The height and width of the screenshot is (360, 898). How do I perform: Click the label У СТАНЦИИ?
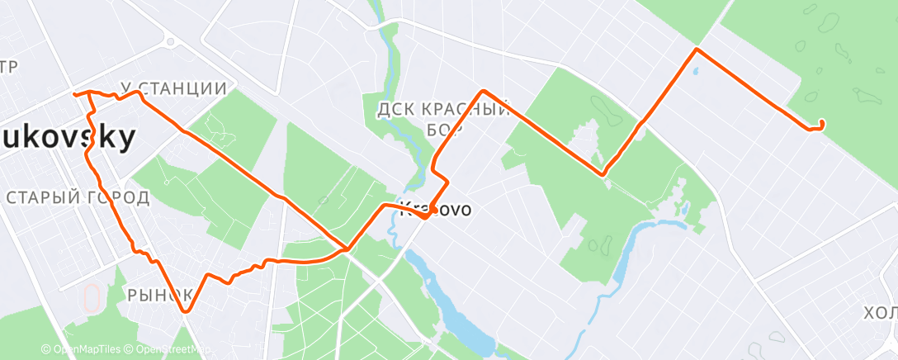click(x=173, y=88)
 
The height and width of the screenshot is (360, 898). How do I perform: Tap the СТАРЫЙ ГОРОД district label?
click(x=78, y=197)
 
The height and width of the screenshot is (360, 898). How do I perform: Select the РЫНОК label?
click(x=160, y=294)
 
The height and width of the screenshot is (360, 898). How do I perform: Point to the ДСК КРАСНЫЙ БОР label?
click(x=441, y=117)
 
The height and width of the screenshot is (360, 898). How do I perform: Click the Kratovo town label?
click(x=435, y=210)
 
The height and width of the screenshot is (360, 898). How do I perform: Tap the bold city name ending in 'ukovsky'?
click(x=66, y=139)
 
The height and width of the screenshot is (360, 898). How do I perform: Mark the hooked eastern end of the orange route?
click(x=822, y=124)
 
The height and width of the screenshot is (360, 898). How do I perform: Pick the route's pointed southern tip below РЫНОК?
click(x=187, y=311)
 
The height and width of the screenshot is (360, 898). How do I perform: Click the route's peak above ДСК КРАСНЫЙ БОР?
click(x=483, y=91)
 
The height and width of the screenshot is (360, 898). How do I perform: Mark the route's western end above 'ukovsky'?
click(x=75, y=94)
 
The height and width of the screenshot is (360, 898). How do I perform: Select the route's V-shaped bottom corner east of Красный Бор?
click(x=603, y=174)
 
